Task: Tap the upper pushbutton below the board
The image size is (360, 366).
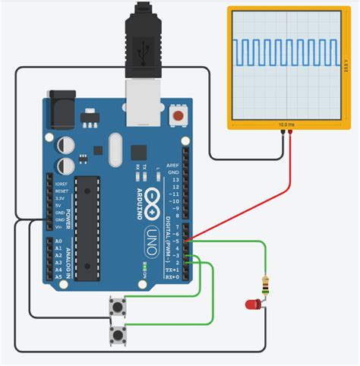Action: [118, 308]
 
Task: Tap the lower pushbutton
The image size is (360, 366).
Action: [118, 335]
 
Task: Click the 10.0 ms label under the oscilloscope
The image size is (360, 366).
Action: [287, 124]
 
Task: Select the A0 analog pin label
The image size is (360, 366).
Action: [58, 241]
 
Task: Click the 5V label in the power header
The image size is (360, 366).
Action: [59, 204]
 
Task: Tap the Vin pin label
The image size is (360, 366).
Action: [59, 226]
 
